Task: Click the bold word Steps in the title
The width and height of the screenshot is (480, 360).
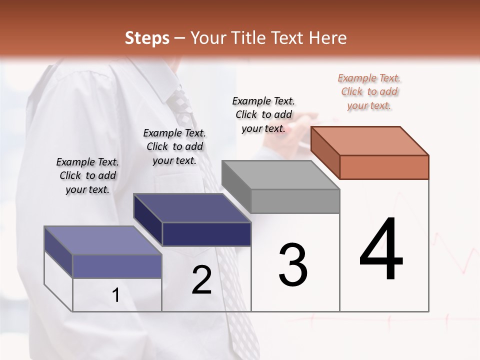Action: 147,38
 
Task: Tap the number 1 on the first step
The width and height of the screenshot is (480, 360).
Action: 116,295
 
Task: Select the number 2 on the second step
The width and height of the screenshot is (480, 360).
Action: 201,280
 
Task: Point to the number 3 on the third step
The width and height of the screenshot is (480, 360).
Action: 293,265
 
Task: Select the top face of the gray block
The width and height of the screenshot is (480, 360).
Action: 280,175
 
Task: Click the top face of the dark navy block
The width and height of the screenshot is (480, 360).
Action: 192,208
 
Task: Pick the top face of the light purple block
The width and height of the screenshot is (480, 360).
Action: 103,240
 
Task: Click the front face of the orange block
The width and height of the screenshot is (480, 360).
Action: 384,167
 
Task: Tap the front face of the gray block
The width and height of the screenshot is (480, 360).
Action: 295,201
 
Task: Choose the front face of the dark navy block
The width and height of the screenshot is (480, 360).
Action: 206,234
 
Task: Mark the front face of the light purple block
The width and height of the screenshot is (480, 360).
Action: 117,266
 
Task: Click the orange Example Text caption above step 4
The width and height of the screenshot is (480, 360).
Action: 369,91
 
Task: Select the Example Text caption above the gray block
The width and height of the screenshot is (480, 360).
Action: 263,114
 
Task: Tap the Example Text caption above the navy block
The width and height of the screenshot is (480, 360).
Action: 174,146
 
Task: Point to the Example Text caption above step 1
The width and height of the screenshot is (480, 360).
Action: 87,175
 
